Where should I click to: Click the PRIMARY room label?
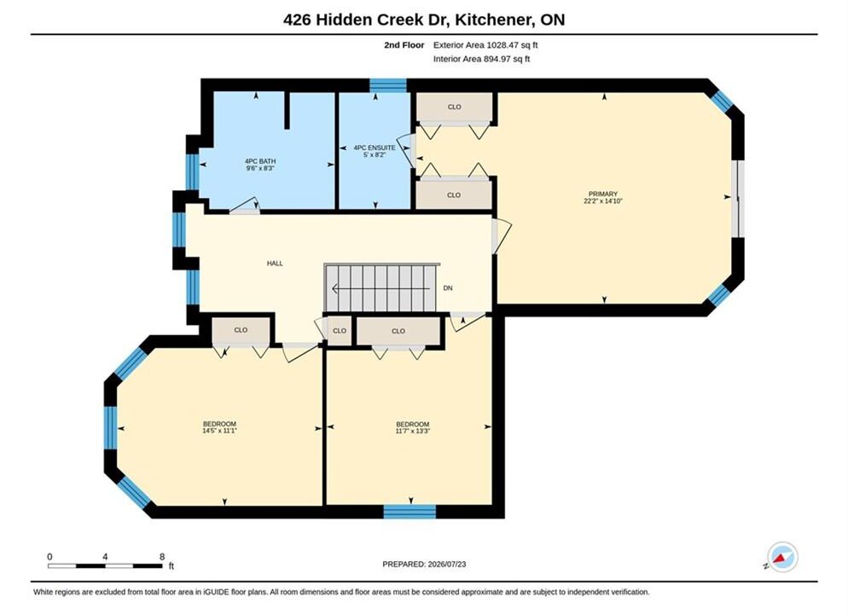point(603,194)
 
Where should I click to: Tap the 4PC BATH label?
point(260,161)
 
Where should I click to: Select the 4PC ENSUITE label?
point(375,148)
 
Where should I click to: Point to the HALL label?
point(275,264)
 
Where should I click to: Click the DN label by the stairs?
point(448,288)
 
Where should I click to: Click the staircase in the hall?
point(382,287)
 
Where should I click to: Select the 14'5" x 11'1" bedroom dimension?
point(219,431)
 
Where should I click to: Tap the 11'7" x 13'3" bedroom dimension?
point(413,432)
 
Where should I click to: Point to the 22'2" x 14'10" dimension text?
point(603,201)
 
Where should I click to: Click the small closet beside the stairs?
point(340,331)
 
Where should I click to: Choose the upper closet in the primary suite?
point(454,107)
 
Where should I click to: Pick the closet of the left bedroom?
point(241,330)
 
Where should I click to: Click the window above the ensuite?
point(388,85)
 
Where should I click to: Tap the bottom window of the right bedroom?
point(410,512)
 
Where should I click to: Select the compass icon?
point(782,557)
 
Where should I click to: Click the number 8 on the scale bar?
point(162,557)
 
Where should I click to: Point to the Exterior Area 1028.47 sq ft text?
point(485,45)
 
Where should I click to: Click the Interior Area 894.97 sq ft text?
point(481,59)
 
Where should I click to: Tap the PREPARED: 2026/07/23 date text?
point(424,565)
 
